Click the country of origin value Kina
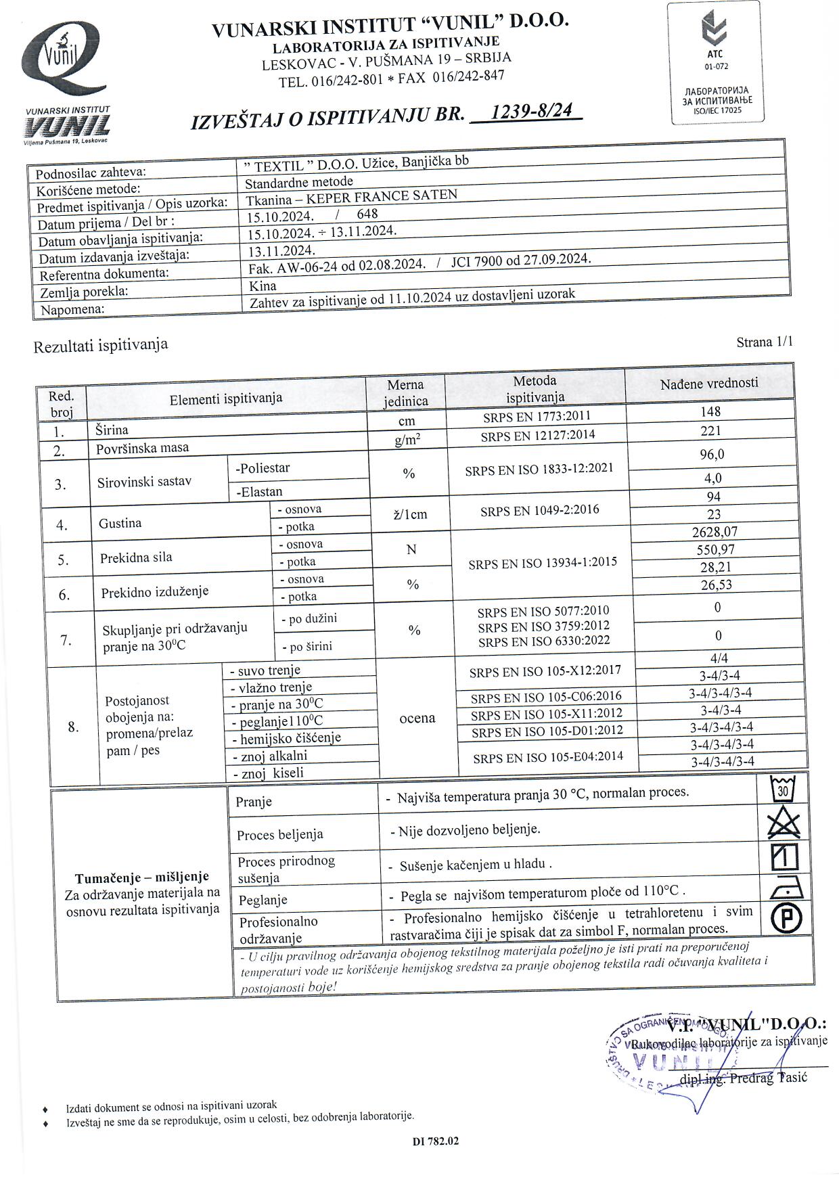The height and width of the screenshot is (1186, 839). (263, 286)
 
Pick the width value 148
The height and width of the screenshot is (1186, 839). (710, 411)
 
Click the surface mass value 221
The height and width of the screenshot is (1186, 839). (710, 431)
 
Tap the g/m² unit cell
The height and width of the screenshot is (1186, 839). (407, 440)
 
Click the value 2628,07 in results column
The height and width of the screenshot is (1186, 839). (714, 532)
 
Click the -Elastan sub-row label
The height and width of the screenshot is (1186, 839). (259, 492)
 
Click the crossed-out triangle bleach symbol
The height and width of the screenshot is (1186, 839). (784, 824)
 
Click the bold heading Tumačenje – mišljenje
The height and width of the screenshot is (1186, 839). (142, 877)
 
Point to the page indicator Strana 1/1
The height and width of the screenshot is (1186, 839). (765, 342)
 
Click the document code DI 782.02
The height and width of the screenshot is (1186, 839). (436, 1141)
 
